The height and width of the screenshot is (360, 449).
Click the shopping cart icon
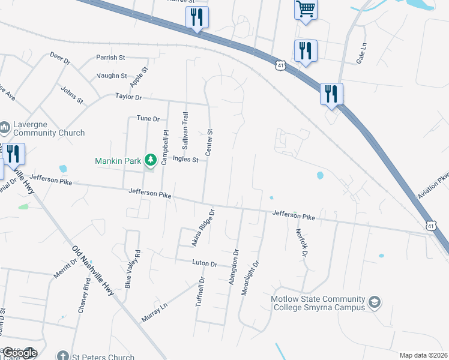pyautogui.click(x=306, y=9)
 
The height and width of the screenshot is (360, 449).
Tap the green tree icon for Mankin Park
pyautogui.click(x=150, y=160)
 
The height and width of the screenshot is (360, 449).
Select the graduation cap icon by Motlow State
pyautogui.click(x=375, y=302)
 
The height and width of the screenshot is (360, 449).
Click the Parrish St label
pyautogui.click(x=110, y=58)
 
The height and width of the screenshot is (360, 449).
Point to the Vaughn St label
pyautogui.click(x=112, y=76)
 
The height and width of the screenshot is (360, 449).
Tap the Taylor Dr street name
pyautogui.click(x=128, y=97)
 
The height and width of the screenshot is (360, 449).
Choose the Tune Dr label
pyautogui.click(x=148, y=119)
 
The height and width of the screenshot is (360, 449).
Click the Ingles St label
pyautogui.click(x=185, y=159)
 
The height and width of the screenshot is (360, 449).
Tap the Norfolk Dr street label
pyautogui.click(x=300, y=243)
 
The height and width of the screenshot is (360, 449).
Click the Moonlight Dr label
pyautogui.click(x=249, y=277)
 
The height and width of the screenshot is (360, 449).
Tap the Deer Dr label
pyautogui.click(x=60, y=58)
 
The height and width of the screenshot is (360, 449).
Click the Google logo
pyautogui.click(x=19, y=353)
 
